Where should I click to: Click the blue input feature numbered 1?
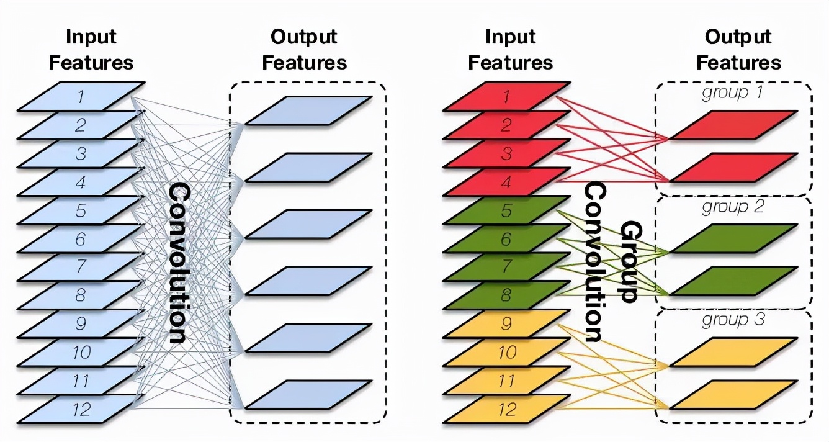coord(81,96)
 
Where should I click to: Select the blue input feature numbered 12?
coord(81,409)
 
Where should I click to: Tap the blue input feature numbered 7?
coord(81,267)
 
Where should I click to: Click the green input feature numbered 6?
coord(506,239)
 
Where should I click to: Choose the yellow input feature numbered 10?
coord(506,353)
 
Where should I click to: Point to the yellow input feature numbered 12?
coord(506,409)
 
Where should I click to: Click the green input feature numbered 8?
coord(506,295)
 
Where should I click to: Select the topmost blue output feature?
coord(309,110)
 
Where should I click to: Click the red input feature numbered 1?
coord(506,96)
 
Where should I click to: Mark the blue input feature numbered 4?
coord(81,182)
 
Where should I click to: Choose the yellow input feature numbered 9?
coord(506,324)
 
